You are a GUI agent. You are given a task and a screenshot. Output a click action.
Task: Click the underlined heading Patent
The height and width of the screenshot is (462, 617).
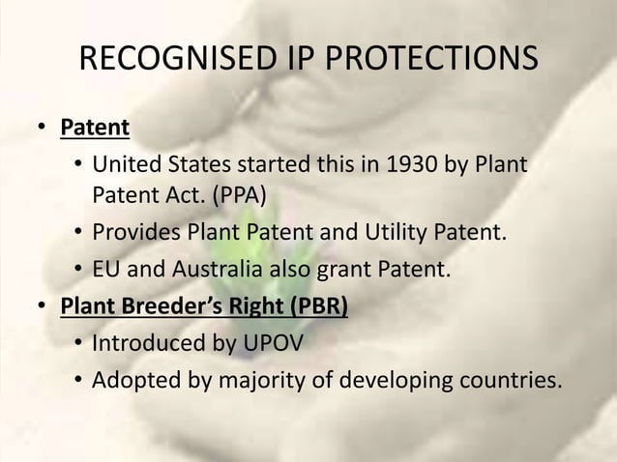coord(95,128)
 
